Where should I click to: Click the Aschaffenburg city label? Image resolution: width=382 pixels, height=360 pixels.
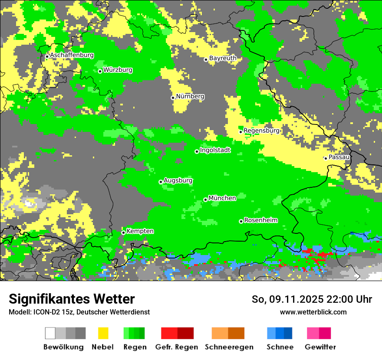click(x=72, y=56)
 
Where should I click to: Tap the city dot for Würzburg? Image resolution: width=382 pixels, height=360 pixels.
click(x=100, y=71)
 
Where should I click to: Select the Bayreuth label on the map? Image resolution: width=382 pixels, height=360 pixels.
click(x=223, y=58)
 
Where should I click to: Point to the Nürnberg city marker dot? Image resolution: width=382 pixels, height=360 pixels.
click(x=173, y=98)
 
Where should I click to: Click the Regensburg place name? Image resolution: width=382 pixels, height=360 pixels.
click(x=261, y=131)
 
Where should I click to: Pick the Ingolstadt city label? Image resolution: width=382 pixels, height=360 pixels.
click(x=215, y=150)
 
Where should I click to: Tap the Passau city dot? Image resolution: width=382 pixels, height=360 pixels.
click(x=326, y=158)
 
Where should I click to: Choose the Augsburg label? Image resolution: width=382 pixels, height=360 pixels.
click(x=178, y=180)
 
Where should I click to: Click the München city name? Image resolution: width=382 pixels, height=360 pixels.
click(x=222, y=198)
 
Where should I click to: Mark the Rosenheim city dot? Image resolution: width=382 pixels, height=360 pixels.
click(x=241, y=221)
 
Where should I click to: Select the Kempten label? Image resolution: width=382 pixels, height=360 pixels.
click(x=140, y=231)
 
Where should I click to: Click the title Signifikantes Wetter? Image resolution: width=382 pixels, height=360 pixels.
click(x=72, y=299)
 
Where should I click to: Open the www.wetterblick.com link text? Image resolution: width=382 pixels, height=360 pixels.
click(x=313, y=312)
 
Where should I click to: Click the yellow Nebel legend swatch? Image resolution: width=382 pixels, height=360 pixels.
click(x=103, y=333)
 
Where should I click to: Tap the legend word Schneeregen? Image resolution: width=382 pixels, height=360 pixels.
click(x=229, y=347)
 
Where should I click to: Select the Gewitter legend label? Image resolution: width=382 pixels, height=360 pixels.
click(x=320, y=347)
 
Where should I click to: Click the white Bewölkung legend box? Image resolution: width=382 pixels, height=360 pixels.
click(x=50, y=333)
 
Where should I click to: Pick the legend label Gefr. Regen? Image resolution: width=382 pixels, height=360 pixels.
click(x=176, y=347)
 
